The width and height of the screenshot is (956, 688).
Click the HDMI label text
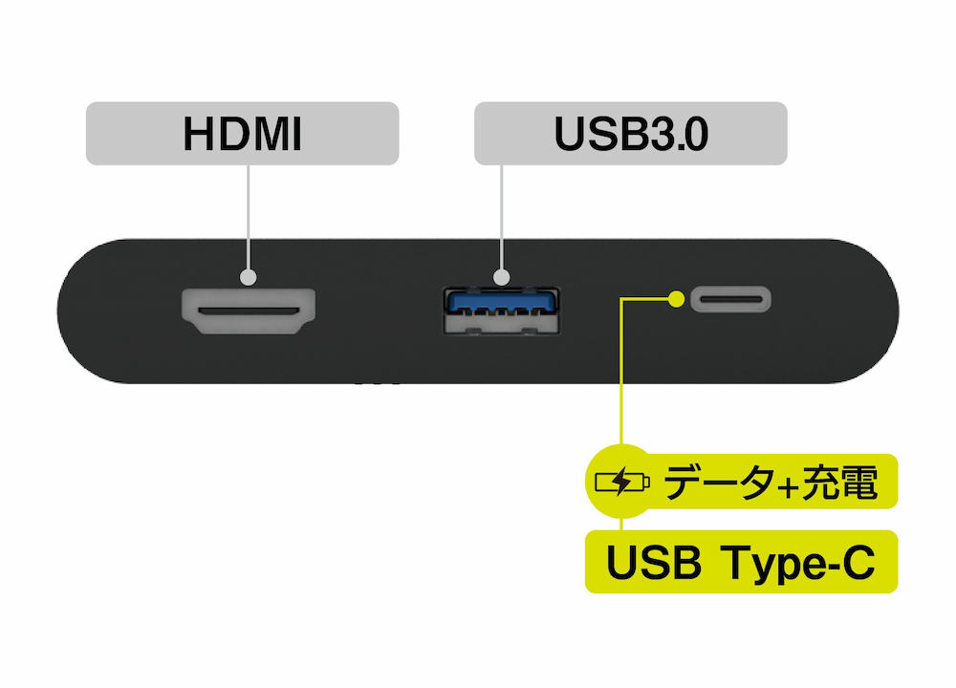(x=243, y=135)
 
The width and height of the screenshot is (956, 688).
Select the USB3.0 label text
(x=631, y=135)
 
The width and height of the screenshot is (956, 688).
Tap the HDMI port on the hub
(x=249, y=312)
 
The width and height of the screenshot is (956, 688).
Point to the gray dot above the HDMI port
(x=249, y=278)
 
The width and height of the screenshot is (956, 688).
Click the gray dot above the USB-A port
(x=502, y=278)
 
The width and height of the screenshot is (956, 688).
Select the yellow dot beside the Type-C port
(x=677, y=299)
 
